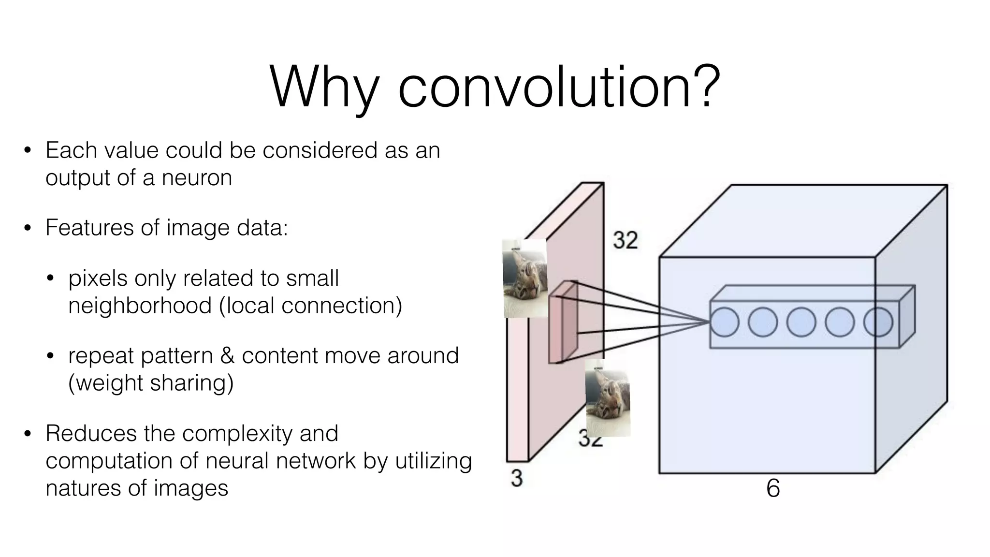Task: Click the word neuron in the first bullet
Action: pyautogui.click(x=197, y=177)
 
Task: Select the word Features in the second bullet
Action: pyautogui.click(x=89, y=227)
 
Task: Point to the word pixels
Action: pyautogui.click(x=98, y=278)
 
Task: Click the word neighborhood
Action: pyautogui.click(x=140, y=306)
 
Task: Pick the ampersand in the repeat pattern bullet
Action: pyautogui.click(x=227, y=356)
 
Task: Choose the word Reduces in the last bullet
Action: pyautogui.click(x=91, y=433)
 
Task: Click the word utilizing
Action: pyautogui.click(x=433, y=460)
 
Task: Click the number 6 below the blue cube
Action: pyautogui.click(x=773, y=488)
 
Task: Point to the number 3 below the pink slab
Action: pyautogui.click(x=517, y=478)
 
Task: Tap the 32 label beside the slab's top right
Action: pyautogui.click(x=625, y=240)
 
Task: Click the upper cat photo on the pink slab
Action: pyautogui.click(x=525, y=278)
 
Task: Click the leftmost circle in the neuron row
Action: pyautogui.click(x=724, y=322)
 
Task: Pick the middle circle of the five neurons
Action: pyautogui.click(x=801, y=322)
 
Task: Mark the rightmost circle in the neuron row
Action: pyautogui.click(x=878, y=322)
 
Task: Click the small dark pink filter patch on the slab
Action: pyautogui.click(x=563, y=322)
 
